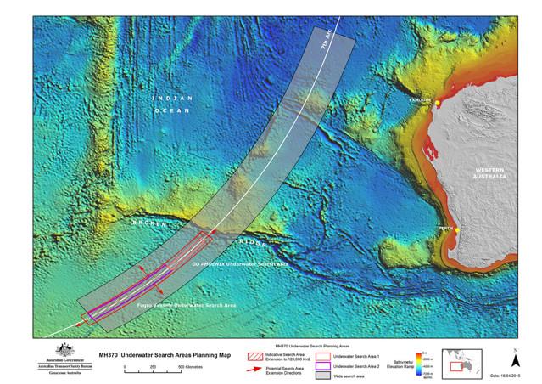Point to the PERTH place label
446,224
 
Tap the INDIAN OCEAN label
170,104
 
